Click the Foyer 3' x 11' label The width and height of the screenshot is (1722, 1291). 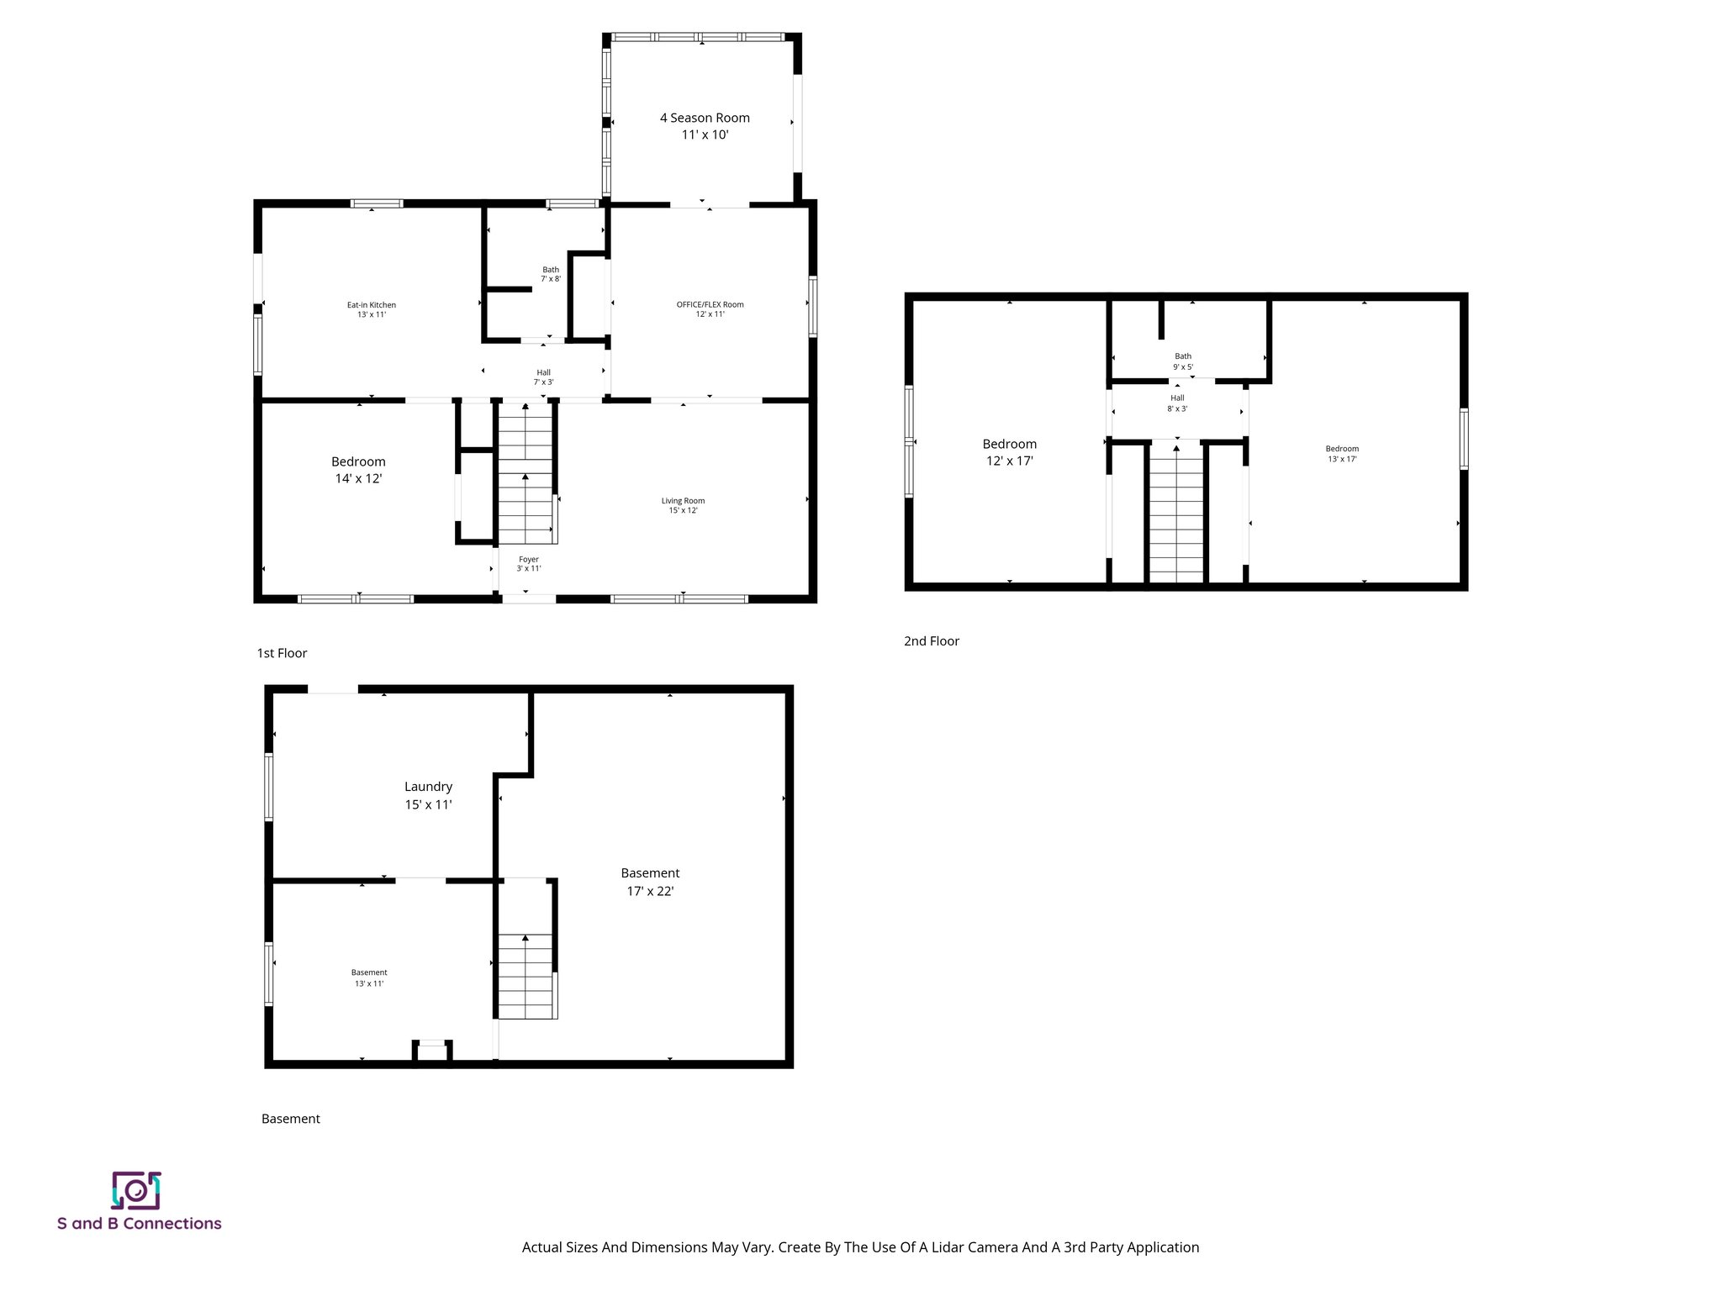click(528, 564)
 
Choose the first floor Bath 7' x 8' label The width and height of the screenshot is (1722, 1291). click(551, 274)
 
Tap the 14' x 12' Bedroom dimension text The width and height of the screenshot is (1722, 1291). click(358, 479)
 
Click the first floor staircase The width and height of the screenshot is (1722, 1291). click(526, 475)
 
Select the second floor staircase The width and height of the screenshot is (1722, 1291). click(1176, 513)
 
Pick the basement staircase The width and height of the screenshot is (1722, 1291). click(526, 975)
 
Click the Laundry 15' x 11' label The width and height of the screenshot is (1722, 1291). click(428, 795)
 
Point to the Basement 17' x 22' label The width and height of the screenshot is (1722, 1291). click(650, 882)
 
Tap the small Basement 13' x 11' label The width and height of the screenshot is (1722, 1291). click(369, 977)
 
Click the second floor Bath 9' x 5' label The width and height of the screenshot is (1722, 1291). click(1183, 361)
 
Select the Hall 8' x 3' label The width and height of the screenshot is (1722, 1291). click(1177, 403)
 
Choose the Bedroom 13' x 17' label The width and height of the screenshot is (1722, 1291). click(1342, 454)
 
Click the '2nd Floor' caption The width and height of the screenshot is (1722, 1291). click(932, 641)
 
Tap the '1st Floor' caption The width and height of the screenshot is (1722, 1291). click(282, 653)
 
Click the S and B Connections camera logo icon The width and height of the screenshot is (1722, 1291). click(135, 1190)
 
